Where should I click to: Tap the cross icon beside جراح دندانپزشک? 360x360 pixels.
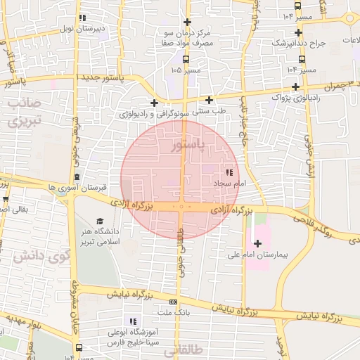pyautogui.click(x=299, y=32)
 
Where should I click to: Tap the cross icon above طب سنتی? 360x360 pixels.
pyautogui.click(x=209, y=99)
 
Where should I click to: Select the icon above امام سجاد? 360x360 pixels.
pyautogui.click(x=229, y=172)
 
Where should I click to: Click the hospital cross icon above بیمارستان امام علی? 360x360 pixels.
pyautogui.click(x=257, y=243)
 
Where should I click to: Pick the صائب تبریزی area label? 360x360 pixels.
pyautogui.click(x=26, y=112)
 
